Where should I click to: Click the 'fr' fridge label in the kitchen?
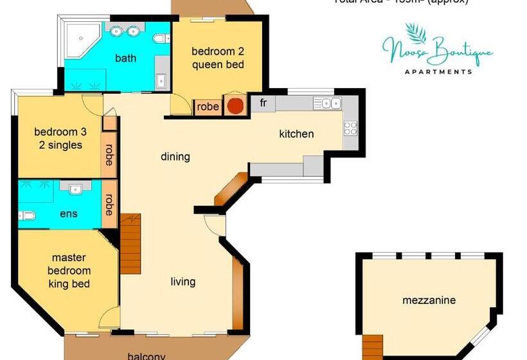(263, 102)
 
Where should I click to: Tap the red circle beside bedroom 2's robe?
(237, 106)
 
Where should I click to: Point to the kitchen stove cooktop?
(350, 128)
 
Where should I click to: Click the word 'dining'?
(175, 156)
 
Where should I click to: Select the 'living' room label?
(183, 282)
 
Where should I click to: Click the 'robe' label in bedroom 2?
(208, 107)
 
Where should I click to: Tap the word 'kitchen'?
(296, 134)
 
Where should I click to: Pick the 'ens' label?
(69, 213)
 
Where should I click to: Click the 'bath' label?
(125, 58)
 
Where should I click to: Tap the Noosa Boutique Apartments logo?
(438, 51)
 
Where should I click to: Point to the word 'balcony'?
(147, 355)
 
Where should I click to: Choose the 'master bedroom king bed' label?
(69, 271)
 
